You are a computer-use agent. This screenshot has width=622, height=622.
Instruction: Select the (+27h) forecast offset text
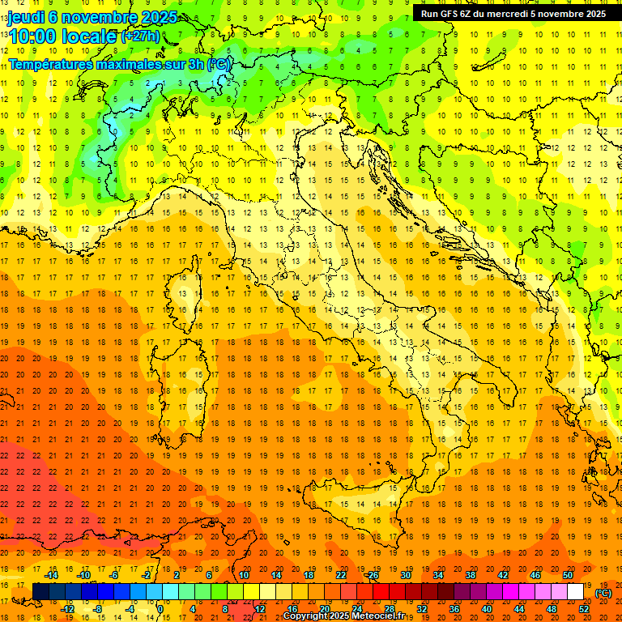pyautogui.click(x=139, y=36)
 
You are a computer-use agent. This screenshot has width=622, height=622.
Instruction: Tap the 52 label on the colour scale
pyautogui.click(x=585, y=608)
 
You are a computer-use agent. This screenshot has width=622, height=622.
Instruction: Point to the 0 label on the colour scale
pyautogui.click(x=160, y=608)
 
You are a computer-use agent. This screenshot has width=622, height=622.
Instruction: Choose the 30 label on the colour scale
pyautogui.click(x=406, y=574)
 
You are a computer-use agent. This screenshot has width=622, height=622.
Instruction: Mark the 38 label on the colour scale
pyautogui.click(x=471, y=574)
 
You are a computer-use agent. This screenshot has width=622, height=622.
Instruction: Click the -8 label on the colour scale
pyautogui.click(x=98, y=608)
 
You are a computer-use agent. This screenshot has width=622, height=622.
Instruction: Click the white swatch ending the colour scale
pyautogui.click(x=575, y=591)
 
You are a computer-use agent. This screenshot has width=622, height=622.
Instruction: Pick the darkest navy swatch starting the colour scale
pyautogui.click(x=40, y=591)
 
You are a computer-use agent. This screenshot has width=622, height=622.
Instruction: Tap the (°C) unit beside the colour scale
pyautogui.click(x=603, y=593)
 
